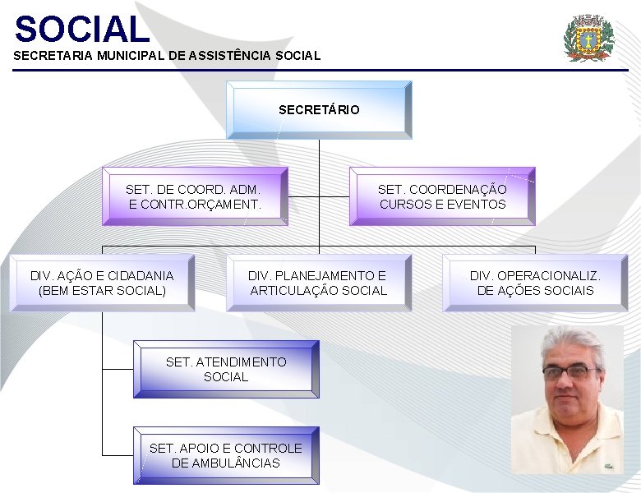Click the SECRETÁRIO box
[319, 109]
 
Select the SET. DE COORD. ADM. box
[195, 196]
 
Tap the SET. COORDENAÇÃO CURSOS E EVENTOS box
[442, 196]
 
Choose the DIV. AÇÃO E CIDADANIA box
[102, 283]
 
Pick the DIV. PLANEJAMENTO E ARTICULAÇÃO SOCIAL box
[318, 283]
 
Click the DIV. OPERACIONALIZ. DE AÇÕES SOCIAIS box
[535, 283]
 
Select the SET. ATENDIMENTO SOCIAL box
[226, 369]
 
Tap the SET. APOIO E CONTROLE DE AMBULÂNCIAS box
[226, 455]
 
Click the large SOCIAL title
[82, 30]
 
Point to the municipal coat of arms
[589, 38]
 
